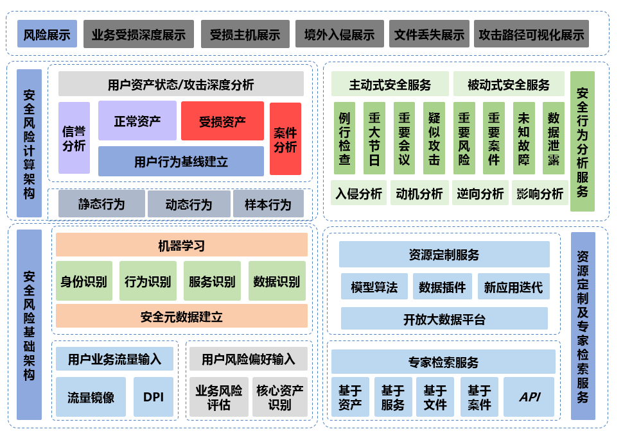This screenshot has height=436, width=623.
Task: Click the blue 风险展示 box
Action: coord(47,34)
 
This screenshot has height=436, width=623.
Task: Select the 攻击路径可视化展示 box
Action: coord(531,34)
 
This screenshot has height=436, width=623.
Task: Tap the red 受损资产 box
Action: coord(222,121)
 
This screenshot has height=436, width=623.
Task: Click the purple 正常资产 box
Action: coord(137,121)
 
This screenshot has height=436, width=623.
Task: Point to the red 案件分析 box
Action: coord(285,138)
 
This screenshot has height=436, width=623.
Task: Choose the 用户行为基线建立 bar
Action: coord(180,161)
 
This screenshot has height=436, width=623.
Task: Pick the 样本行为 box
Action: coord(267,204)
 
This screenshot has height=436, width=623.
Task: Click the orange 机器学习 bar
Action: coord(181,245)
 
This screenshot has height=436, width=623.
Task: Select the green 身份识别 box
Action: coord(83,281)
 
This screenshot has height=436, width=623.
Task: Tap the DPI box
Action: coord(153,397)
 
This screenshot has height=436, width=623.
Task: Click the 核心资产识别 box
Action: coord(279,397)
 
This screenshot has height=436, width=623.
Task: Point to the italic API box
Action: coord(529,397)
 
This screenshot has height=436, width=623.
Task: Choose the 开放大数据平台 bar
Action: coord(444,319)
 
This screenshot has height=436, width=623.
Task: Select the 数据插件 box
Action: coord(442,287)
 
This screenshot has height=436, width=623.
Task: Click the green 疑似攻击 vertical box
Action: coord(434,138)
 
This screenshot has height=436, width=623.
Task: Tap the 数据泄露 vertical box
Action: coord(553,138)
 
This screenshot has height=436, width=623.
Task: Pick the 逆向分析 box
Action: coord(480,193)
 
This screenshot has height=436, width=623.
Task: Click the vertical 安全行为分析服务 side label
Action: coord(582,141)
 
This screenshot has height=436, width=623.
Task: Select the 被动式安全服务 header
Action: coord(508,84)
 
